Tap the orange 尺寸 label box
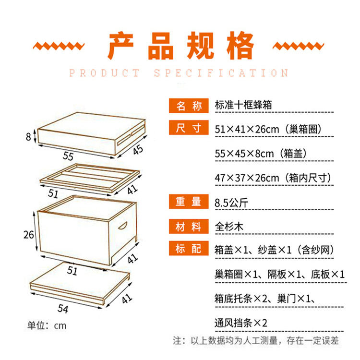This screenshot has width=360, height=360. [x=189, y=129]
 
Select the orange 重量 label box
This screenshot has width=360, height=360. [x=189, y=202]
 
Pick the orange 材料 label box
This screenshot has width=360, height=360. [x=189, y=226]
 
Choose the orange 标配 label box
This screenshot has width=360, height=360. [x=189, y=249]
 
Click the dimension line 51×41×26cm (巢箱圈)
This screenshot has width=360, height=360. [x=268, y=129]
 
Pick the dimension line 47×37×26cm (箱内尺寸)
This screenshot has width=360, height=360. [x=273, y=178]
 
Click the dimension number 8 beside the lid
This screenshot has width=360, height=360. [x=28, y=137]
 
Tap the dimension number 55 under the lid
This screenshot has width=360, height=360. [x=68, y=156]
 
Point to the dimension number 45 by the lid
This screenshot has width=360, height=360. [x=138, y=150]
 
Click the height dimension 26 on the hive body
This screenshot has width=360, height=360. [x=29, y=235]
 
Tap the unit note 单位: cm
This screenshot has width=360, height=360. [x=47, y=326]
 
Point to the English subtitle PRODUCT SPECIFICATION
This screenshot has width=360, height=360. [x=179, y=73]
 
